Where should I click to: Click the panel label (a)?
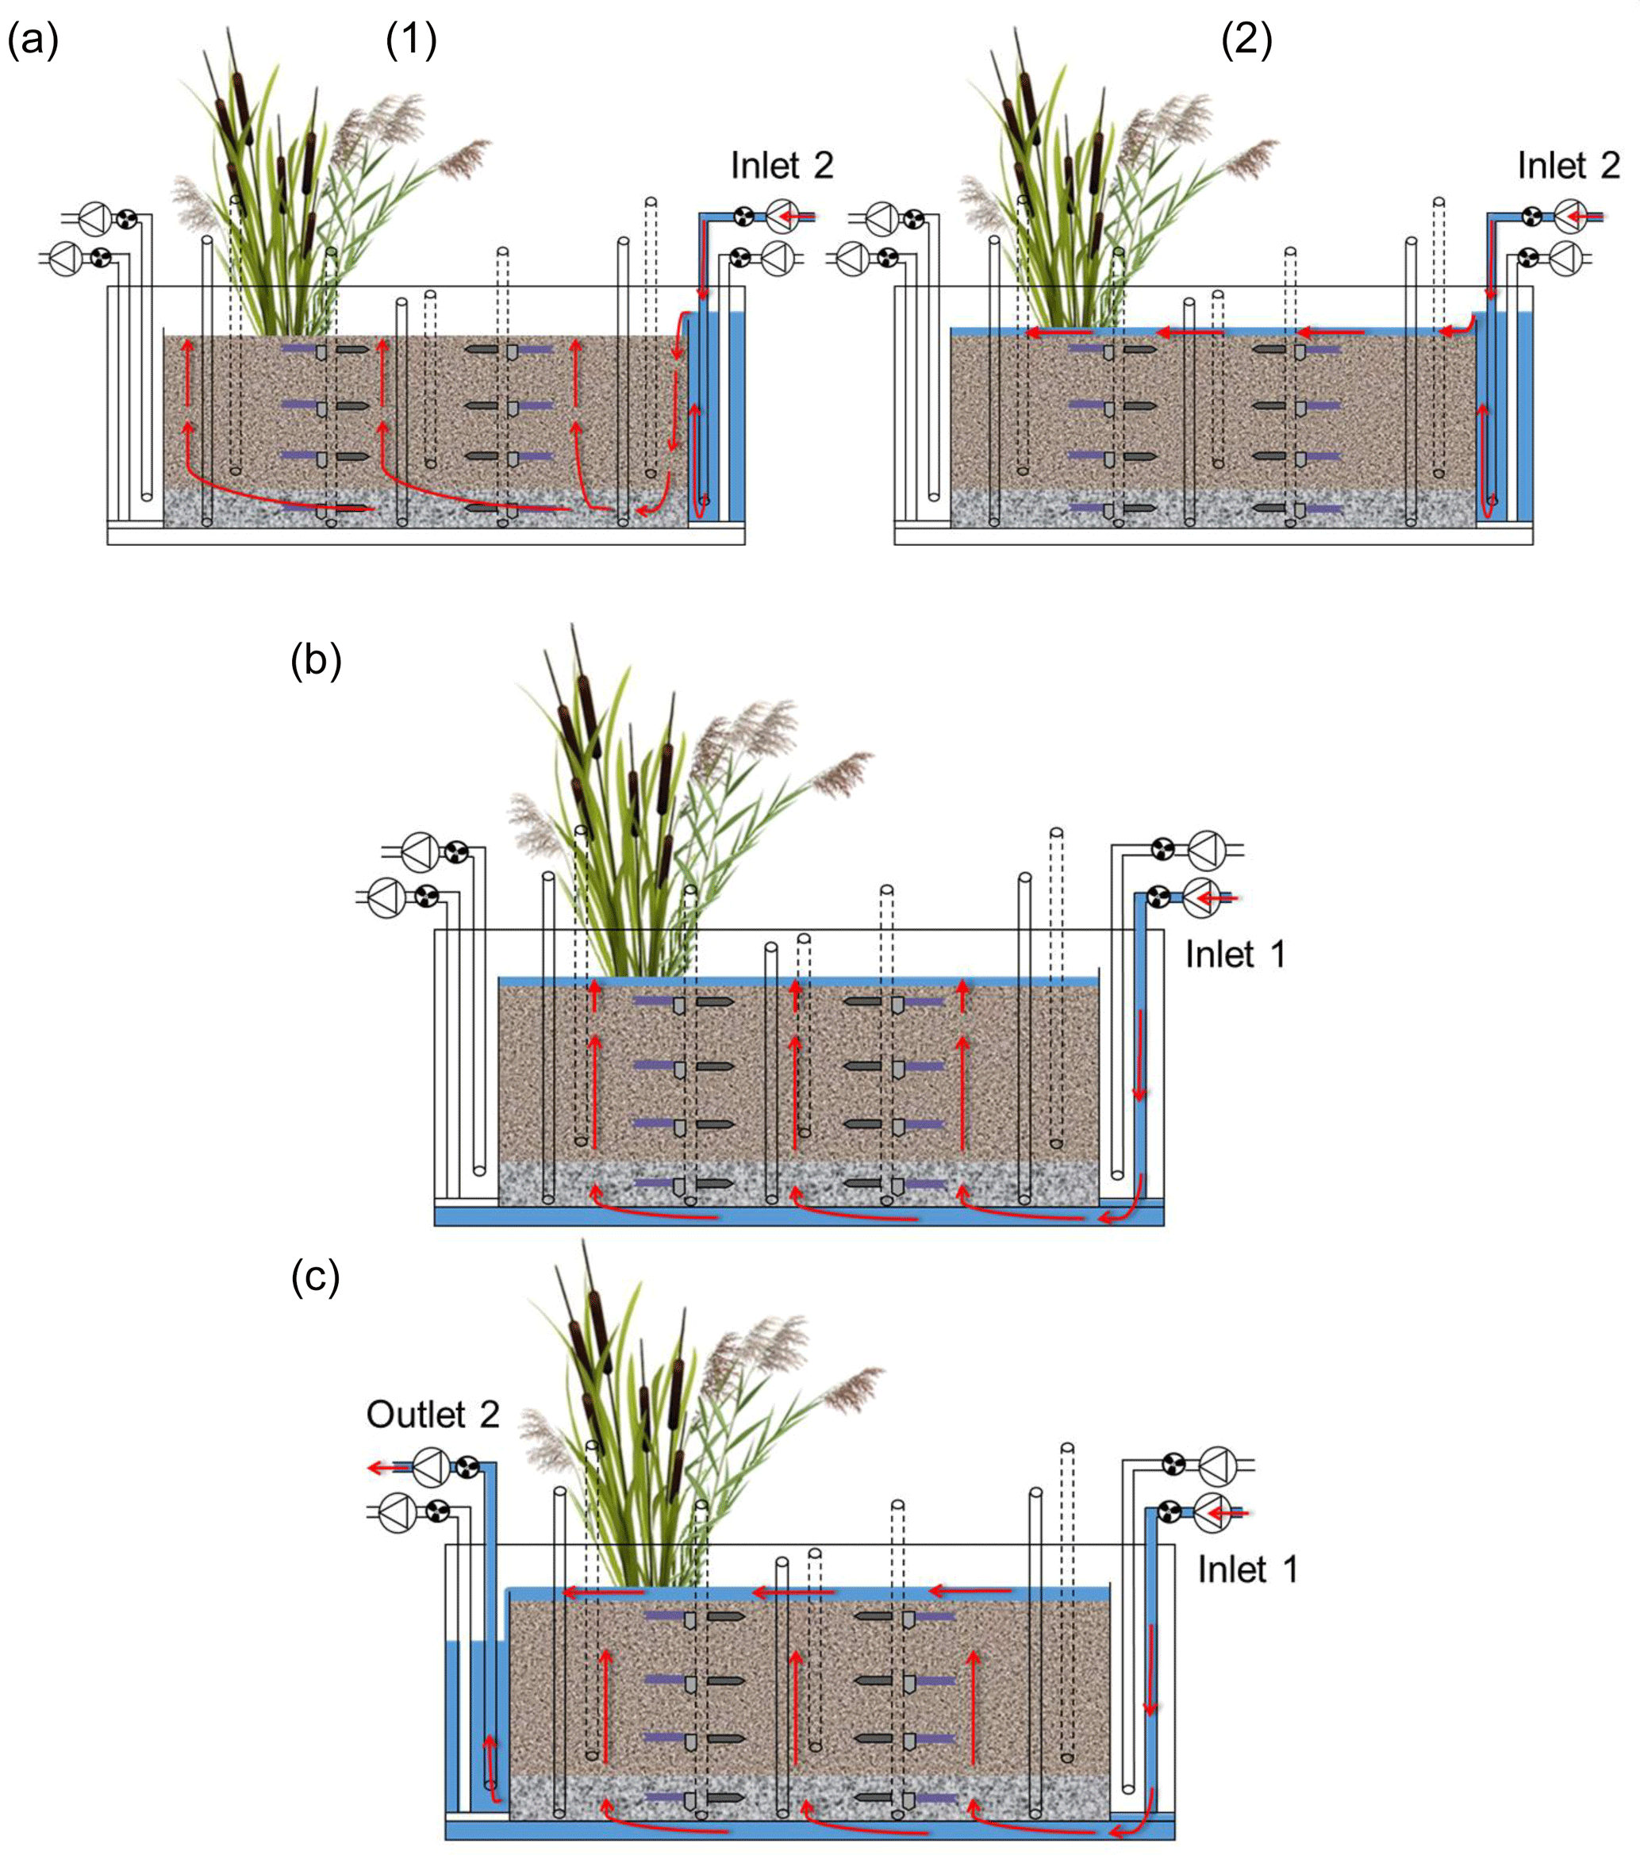tap(33, 40)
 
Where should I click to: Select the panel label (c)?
tap(315, 1276)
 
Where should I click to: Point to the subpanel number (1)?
tap(411, 40)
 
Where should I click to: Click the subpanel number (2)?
tap(1246, 40)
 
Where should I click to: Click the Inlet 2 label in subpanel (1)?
tap(782, 165)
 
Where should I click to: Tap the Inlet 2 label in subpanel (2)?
tap(1569, 165)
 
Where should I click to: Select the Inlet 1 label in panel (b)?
tap(1235, 954)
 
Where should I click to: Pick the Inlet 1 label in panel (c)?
tap(1247, 1569)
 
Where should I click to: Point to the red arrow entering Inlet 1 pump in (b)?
tap(1217, 898)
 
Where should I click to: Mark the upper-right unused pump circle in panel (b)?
tap(1207, 851)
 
